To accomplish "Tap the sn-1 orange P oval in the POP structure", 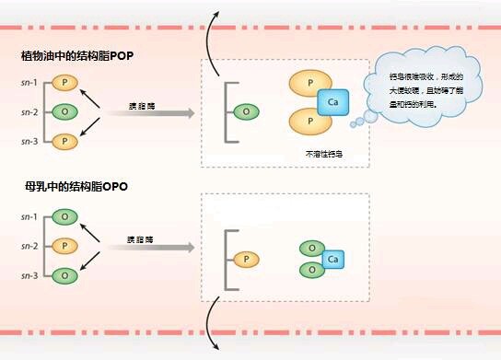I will click(x=64, y=83).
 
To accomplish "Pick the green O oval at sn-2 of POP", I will click(x=64, y=111).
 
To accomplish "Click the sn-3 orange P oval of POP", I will click(x=64, y=141).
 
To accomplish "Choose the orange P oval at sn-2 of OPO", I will click(x=64, y=246).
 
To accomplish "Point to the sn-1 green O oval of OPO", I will click(x=64, y=217).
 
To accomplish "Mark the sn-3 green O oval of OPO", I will click(x=64, y=275).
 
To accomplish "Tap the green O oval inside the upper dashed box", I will click(x=246, y=111).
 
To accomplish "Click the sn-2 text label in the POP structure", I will click(x=29, y=112).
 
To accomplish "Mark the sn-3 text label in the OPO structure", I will click(x=29, y=275).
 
